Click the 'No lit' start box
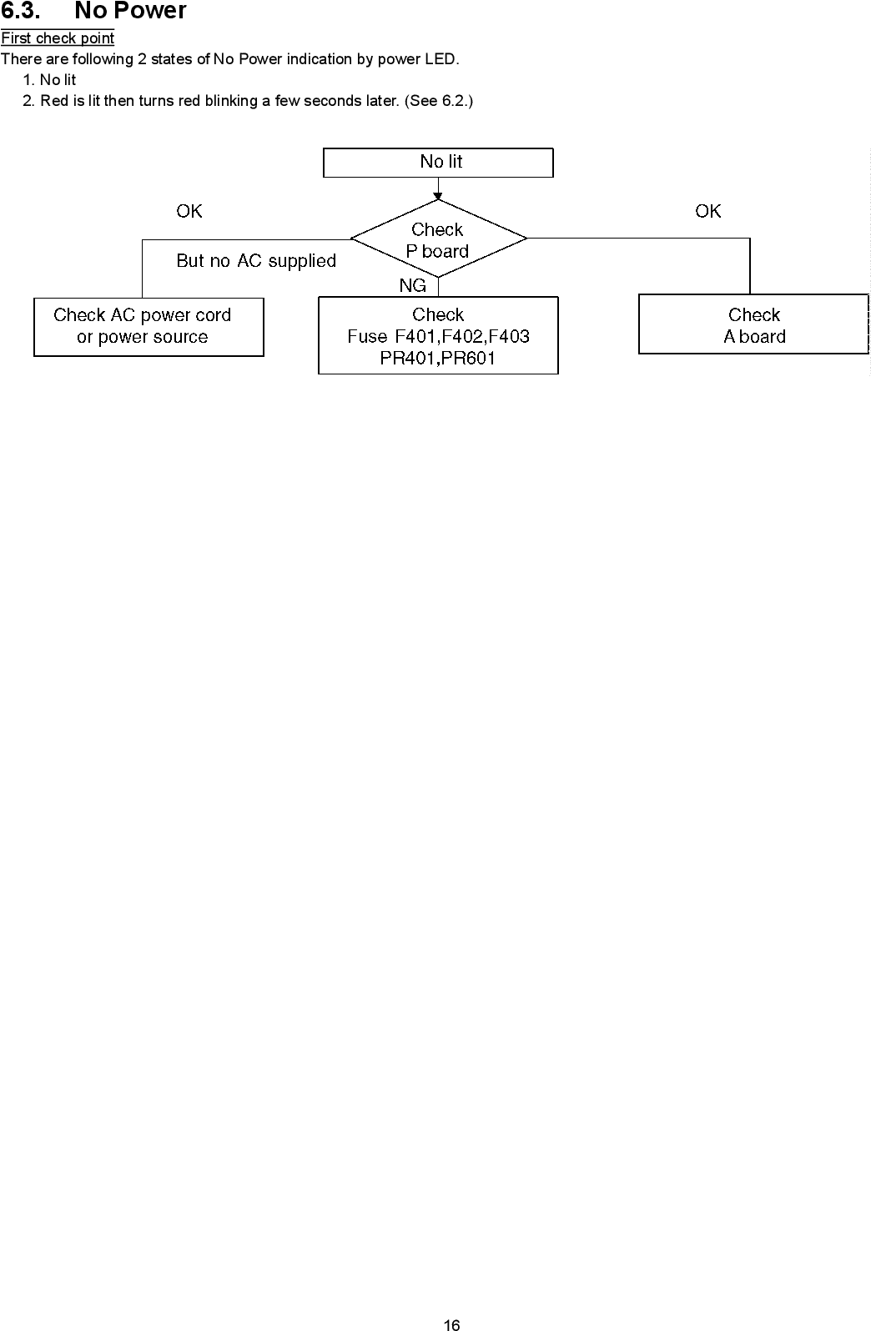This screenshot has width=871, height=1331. (x=438, y=163)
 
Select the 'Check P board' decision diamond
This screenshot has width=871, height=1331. (x=438, y=239)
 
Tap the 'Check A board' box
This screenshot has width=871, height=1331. (x=753, y=324)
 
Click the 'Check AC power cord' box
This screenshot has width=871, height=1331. (x=149, y=326)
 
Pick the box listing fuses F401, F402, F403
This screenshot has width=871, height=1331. (x=438, y=336)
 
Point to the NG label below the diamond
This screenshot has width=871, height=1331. (x=412, y=286)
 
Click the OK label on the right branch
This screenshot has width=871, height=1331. (x=707, y=212)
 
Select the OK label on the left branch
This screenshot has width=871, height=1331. (x=189, y=212)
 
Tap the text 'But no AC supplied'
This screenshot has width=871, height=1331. (x=256, y=261)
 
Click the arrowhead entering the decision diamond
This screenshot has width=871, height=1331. (x=438, y=197)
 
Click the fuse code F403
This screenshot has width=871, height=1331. (x=509, y=337)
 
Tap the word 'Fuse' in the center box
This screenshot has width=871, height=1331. (x=367, y=337)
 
